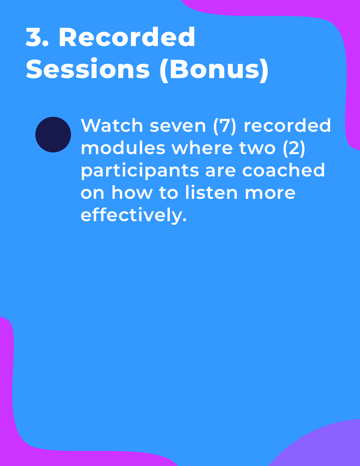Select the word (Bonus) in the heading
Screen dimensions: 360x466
[214, 70]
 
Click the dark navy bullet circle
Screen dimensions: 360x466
[53, 134]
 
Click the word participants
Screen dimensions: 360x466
[140, 171]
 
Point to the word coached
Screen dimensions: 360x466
[283, 170]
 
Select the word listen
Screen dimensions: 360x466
[211, 192]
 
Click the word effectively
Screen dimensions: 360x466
[133, 215]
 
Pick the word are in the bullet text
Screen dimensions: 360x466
[221, 171]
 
